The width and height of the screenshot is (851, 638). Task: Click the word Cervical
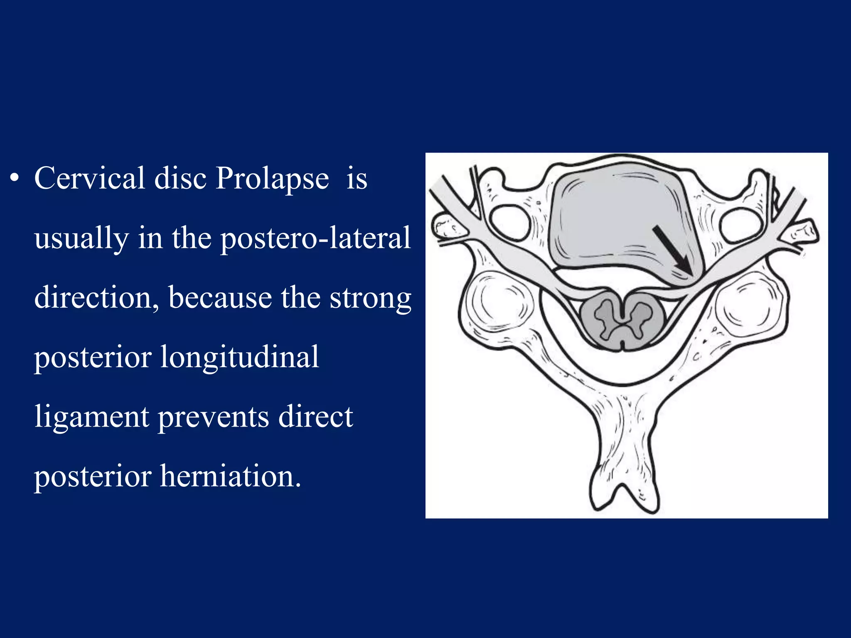tap(89, 179)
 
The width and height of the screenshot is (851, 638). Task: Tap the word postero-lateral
tap(315, 238)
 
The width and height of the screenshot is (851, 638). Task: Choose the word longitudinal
tap(239, 357)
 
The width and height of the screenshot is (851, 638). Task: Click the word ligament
tap(91, 418)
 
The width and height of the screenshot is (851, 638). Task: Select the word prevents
tap(214, 418)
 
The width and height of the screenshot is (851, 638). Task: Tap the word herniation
tap(230, 476)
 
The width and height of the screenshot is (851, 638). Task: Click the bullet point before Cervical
tap(15, 179)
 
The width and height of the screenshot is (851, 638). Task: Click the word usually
tap(81, 239)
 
